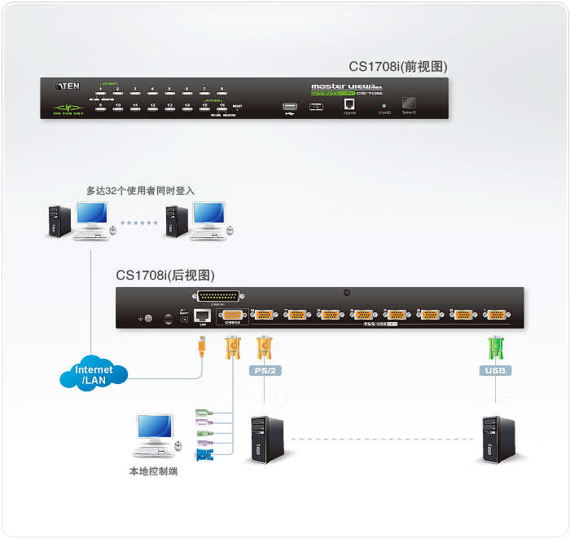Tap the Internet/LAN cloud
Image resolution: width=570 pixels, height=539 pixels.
click(x=94, y=375)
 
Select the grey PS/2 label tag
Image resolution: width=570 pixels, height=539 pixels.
click(x=263, y=371)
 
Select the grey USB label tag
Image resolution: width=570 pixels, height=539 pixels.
click(x=495, y=371)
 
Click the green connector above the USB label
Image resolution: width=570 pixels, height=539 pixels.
click(x=495, y=347)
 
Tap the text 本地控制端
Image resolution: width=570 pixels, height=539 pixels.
click(x=153, y=471)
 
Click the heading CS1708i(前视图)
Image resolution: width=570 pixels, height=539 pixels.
click(x=398, y=67)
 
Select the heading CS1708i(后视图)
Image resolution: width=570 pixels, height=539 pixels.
click(x=165, y=276)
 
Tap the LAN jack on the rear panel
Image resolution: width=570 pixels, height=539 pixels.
click(x=202, y=316)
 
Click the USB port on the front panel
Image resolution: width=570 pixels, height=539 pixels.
click(x=290, y=106)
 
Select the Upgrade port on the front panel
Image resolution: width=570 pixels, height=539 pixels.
click(x=349, y=104)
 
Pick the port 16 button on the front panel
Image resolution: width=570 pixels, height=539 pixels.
click(x=221, y=109)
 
